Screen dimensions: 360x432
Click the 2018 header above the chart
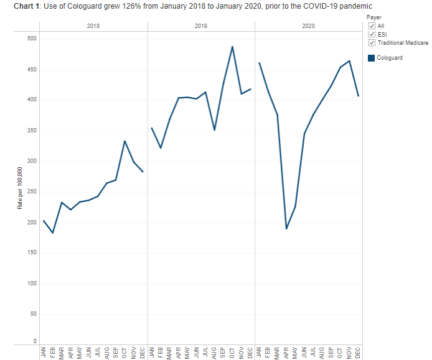pyautogui.click(x=93, y=26)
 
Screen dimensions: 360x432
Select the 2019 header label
pyautogui.click(x=201, y=26)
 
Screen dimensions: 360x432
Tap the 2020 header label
pyautogui.click(x=308, y=26)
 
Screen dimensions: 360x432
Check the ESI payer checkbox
pyautogui.click(x=372, y=35)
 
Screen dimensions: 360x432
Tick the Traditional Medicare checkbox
pyautogui.click(x=372, y=43)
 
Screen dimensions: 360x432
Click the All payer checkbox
pyautogui.click(x=372, y=26)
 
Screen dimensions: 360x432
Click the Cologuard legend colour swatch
pyautogui.click(x=372, y=58)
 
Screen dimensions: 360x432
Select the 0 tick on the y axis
pyautogui.click(x=35, y=341)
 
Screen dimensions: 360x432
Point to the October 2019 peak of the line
pyautogui.click(x=232, y=47)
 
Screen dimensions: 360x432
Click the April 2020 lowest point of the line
pyautogui.click(x=286, y=229)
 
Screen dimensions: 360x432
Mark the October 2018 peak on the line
pyautogui.click(x=124, y=141)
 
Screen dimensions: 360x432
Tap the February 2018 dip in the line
pyautogui.click(x=53, y=233)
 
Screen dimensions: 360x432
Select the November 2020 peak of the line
pyautogui.click(x=349, y=61)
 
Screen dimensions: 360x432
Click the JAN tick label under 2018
pyautogui.click(x=44, y=351)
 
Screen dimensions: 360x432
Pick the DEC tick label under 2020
pyautogui.click(x=358, y=351)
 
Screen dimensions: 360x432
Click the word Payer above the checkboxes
pyautogui.click(x=374, y=17)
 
